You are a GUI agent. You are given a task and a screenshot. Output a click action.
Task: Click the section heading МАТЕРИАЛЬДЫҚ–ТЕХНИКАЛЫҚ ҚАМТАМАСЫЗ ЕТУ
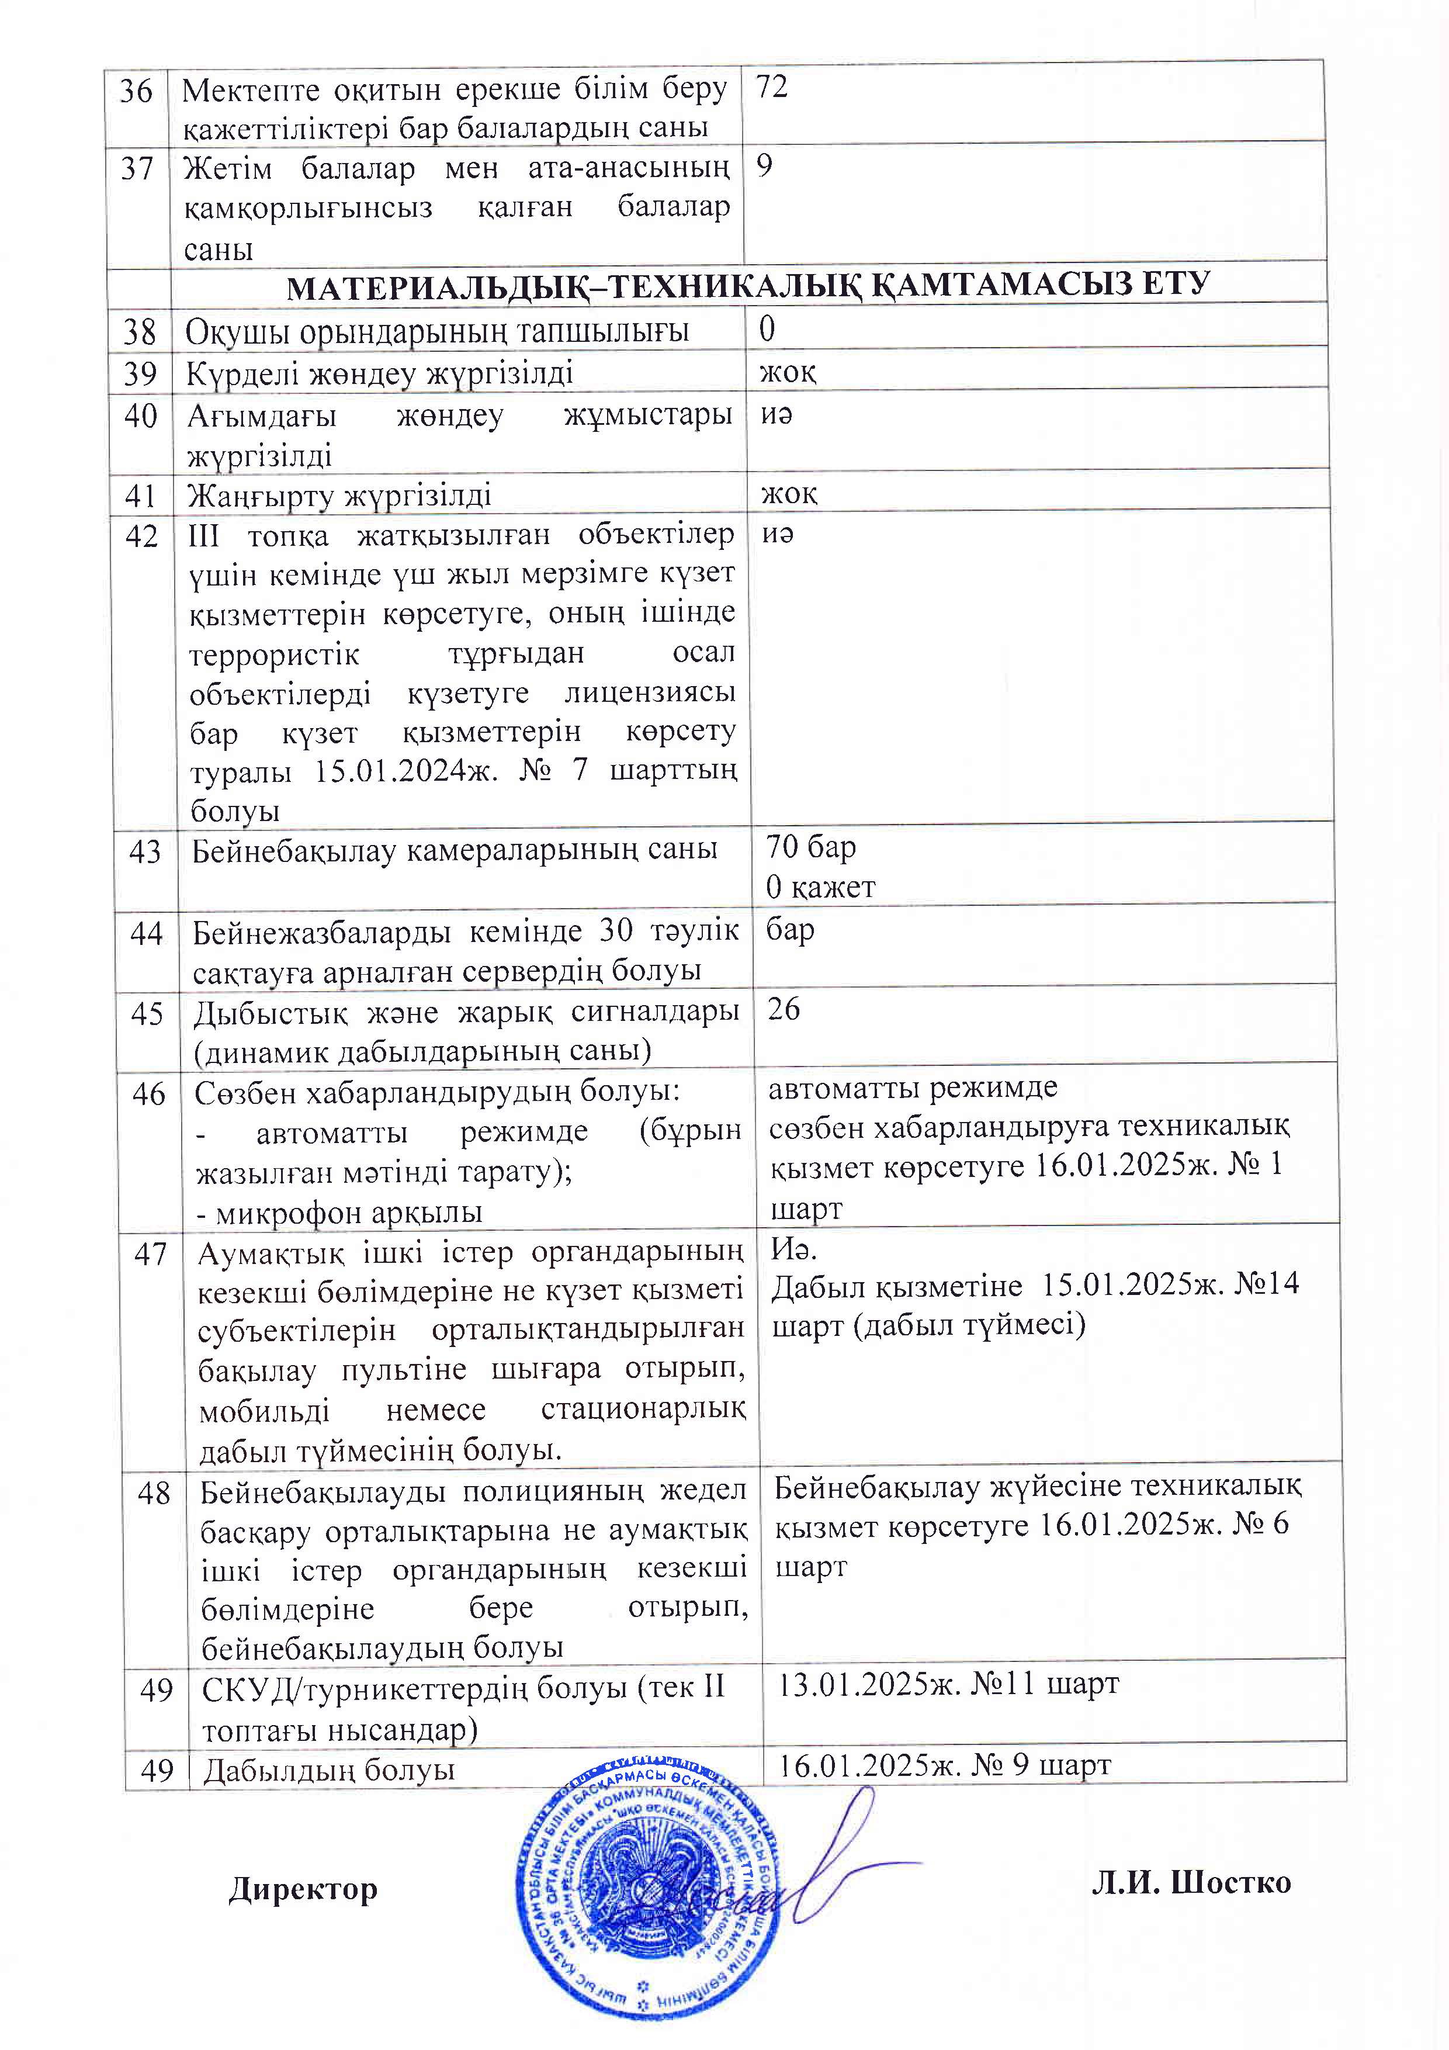coord(748,286)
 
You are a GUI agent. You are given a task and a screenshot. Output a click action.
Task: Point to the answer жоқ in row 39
coord(788,372)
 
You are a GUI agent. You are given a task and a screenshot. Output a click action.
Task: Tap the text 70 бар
coord(810,846)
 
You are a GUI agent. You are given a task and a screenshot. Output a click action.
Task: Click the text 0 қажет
coord(820,887)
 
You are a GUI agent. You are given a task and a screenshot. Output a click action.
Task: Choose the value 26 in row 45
coord(784,1009)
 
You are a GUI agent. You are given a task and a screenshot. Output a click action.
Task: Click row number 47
coord(151,1255)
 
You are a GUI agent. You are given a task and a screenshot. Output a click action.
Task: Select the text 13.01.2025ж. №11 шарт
coord(948,1684)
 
